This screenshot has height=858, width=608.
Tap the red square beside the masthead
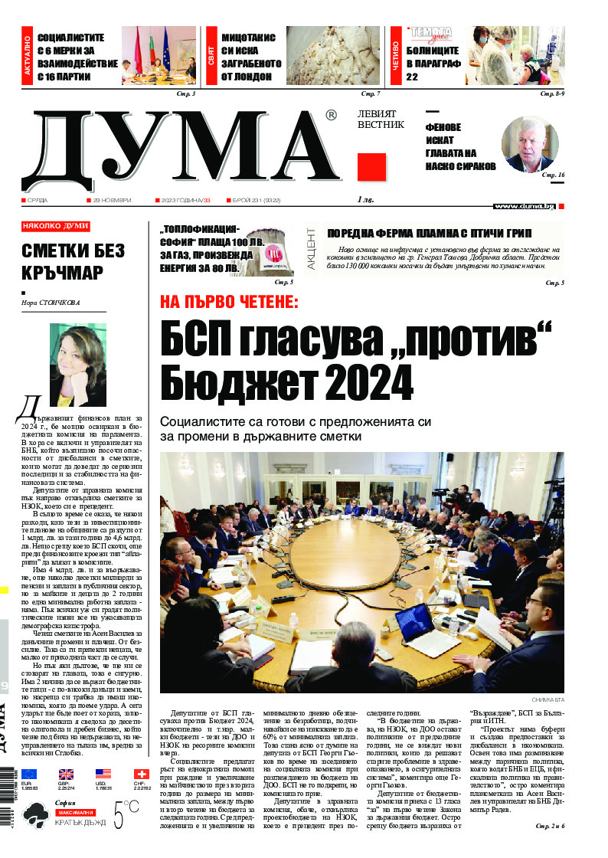coord(371,167)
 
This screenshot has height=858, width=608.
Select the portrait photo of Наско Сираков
coord(531,145)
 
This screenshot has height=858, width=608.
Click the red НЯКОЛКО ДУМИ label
coord(55,226)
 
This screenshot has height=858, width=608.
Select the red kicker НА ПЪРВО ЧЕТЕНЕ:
coord(229,302)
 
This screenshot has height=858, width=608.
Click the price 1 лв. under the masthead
coord(365,200)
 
